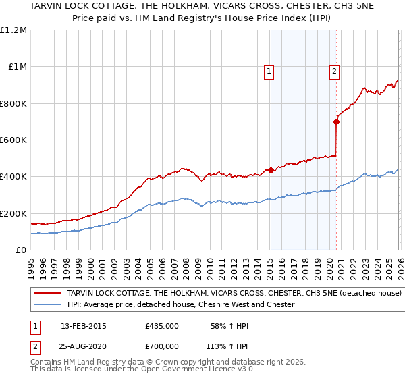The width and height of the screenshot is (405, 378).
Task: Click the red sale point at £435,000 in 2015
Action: pyautogui.click(x=271, y=170)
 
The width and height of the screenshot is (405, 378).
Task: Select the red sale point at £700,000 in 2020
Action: pyautogui.click(x=336, y=122)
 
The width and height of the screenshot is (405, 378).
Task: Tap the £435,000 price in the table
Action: pyautogui.click(x=162, y=326)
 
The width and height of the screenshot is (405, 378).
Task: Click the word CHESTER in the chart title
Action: pyautogui.click(x=273, y=7)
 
